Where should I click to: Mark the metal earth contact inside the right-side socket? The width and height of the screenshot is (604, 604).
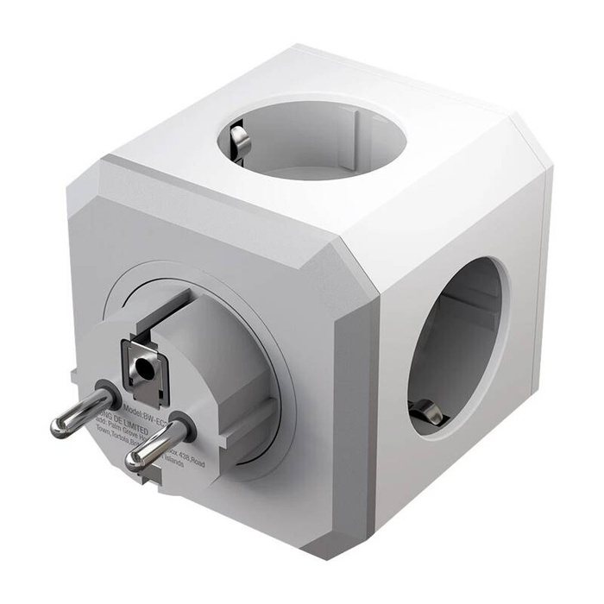[429, 416]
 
